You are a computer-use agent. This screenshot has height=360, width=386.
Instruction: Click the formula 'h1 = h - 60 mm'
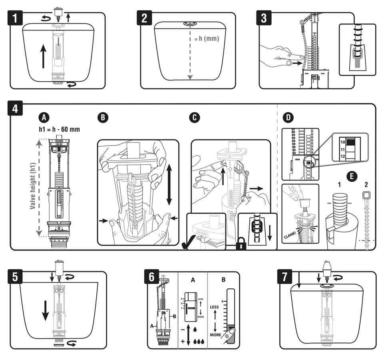(60, 129)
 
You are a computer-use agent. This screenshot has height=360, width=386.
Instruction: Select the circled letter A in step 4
(44, 117)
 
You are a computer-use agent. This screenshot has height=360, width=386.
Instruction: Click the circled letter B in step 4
(103, 117)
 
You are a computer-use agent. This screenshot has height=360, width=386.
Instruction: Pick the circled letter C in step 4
(195, 117)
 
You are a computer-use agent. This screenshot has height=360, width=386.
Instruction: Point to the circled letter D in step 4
(287, 118)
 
